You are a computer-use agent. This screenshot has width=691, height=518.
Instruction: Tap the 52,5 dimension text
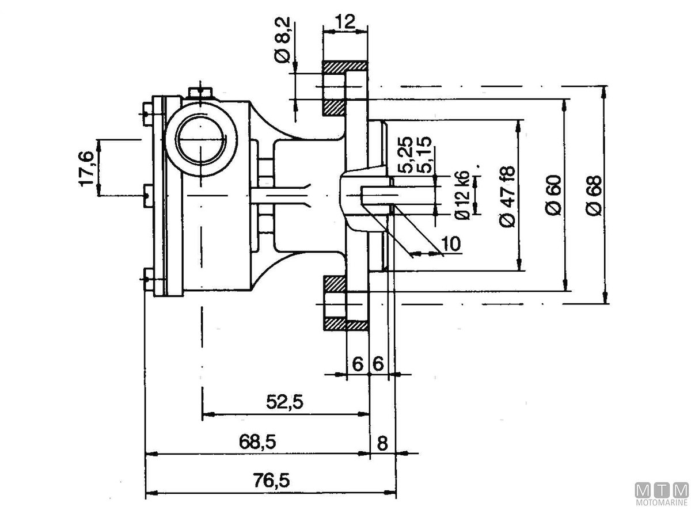pos(284,402)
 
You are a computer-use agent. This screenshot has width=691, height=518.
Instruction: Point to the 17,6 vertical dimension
pos(87,168)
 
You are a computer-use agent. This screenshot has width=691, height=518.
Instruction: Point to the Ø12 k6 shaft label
pos(462,196)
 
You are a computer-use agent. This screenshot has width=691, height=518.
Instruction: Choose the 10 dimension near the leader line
pos(453,243)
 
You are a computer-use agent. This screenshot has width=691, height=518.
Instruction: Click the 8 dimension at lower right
pos(383,443)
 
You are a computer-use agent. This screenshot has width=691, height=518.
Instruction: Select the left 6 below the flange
pos(358,364)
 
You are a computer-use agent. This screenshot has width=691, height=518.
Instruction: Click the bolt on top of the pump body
pos(199,92)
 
